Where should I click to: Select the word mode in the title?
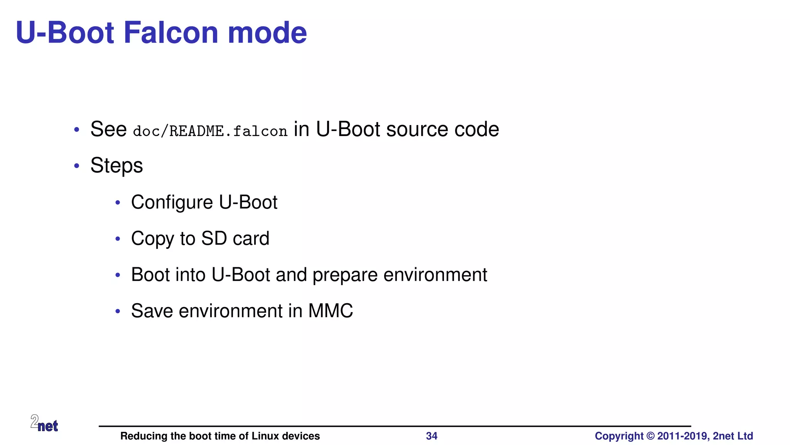(x=267, y=32)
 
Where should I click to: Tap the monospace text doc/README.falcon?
(x=210, y=131)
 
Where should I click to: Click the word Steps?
(x=116, y=166)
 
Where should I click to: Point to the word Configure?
(x=172, y=202)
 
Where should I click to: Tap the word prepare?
(x=344, y=275)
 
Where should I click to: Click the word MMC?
(x=330, y=311)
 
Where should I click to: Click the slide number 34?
(x=431, y=436)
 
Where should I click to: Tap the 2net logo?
(x=44, y=423)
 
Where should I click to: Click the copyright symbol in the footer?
(x=650, y=436)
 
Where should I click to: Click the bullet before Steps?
(x=77, y=166)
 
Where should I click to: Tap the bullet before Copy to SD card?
(x=118, y=239)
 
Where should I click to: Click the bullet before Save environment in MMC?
(x=118, y=311)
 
